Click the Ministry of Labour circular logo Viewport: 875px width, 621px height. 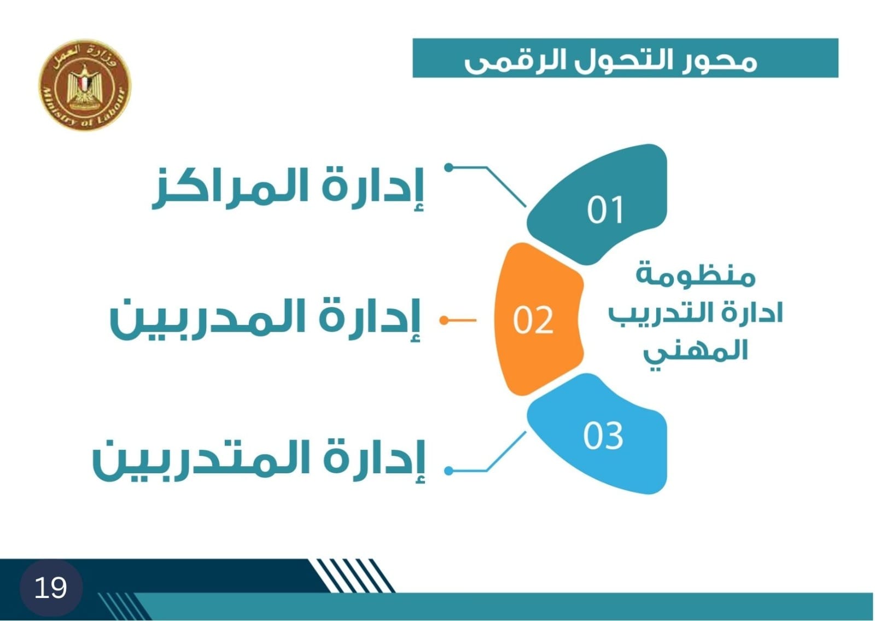85,85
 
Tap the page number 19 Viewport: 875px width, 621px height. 51,588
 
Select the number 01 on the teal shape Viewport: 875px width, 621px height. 605,210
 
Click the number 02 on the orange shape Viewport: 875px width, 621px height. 533,320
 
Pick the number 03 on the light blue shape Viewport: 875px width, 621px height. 603,436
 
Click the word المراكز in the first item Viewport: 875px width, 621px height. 230,188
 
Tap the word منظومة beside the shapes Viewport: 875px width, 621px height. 695,275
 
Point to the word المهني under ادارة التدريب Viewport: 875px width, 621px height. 695,353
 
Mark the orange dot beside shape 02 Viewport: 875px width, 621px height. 444,321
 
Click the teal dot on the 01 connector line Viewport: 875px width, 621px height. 449,167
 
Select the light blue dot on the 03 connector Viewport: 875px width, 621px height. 449,471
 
